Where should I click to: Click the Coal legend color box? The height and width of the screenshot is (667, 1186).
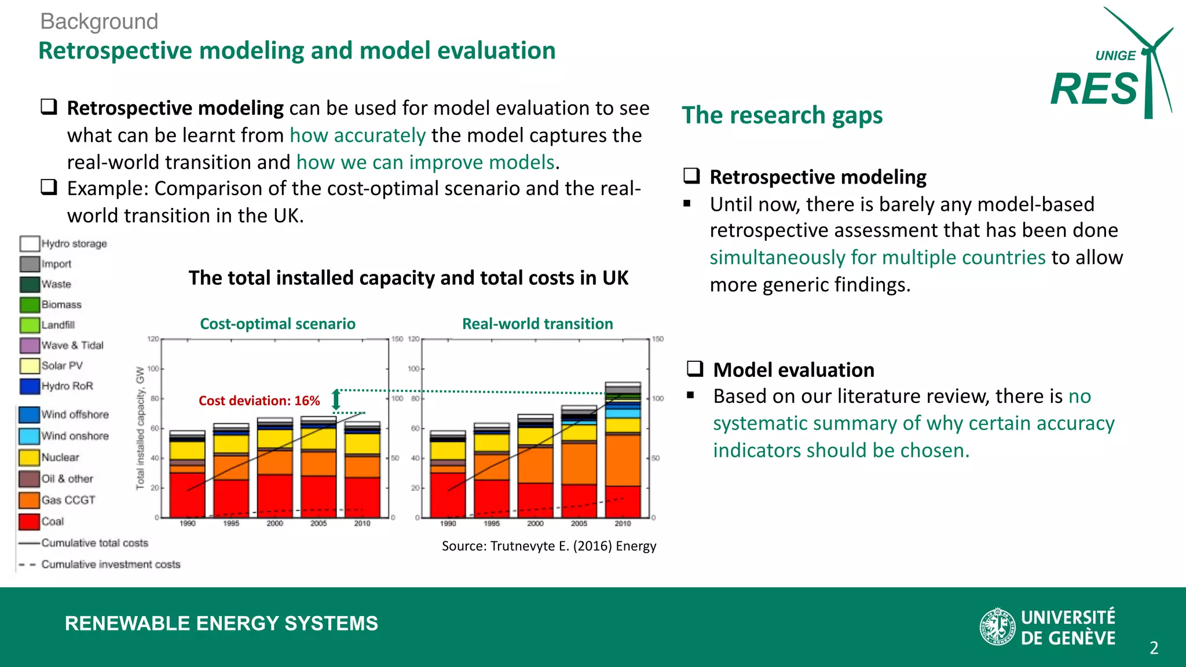[x=29, y=522]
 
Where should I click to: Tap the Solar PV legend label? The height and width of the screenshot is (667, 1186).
[x=62, y=366]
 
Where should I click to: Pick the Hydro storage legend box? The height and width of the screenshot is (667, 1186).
[x=29, y=243]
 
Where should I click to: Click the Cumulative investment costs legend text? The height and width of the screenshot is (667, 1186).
[x=111, y=565]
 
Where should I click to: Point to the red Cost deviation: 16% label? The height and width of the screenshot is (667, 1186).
[x=259, y=401]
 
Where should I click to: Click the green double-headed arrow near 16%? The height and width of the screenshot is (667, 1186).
[x=336, y=400]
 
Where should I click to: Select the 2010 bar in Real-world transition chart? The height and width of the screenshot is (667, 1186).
[x=623, y=452]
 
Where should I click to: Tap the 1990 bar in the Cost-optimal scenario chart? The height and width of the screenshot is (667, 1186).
[x=187, y=475]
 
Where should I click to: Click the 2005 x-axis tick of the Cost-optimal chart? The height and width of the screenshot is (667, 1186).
[x=319, y=523]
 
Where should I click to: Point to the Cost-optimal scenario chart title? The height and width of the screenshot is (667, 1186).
[x=277, y=324]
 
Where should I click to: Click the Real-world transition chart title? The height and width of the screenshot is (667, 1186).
[x=537, y=324]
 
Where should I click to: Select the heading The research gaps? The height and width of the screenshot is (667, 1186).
[x=782, y=115]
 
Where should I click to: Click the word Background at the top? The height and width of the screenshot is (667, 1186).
[x=99, y=21]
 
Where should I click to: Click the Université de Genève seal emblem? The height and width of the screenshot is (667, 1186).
[x=997, y=626]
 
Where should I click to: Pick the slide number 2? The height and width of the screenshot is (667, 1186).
[x=1154, y=648]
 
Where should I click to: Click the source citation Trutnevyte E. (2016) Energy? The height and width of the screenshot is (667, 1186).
[x=549, y=546]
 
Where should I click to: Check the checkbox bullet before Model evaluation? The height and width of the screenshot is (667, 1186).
[x=695, y=369]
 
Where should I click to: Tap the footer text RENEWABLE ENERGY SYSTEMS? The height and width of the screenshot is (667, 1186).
[x=221, y=624]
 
